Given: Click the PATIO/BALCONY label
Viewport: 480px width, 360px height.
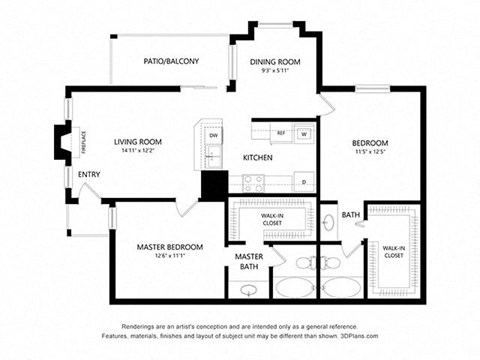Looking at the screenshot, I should point(171,62).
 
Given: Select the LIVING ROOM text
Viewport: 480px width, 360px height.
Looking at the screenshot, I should point(138,142).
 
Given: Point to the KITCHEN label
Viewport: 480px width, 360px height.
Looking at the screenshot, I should point(258,158).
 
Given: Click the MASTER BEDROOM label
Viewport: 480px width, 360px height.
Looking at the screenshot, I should point(170,247).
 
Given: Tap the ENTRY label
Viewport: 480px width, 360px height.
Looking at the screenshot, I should point(89,176).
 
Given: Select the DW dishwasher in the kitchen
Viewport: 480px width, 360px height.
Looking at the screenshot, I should point(214,135).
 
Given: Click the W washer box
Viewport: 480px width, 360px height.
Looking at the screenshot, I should point(304,133).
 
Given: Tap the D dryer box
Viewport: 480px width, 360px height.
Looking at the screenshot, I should point(303,181).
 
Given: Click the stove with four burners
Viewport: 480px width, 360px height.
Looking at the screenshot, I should point(254,183).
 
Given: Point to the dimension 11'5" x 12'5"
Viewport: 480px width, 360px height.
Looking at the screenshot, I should point(370,153).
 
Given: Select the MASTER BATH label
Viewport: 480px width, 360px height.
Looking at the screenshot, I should point(249,261).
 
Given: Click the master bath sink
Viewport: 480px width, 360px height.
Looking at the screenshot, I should point(248,290).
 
